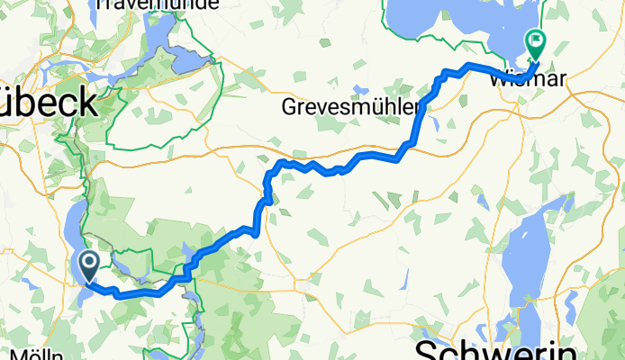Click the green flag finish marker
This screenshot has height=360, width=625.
pyautogui.click(x=537, y=40)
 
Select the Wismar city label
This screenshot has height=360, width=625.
pyautogui.click(x=530, y=79)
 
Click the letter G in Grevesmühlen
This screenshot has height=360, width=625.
pyautogui.click(x=290, y=108)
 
